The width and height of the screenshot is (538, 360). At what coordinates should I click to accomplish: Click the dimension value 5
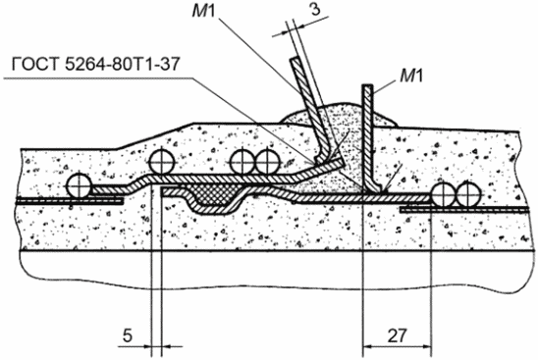pos(128,336)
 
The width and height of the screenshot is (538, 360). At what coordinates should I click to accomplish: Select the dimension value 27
pos(397,336)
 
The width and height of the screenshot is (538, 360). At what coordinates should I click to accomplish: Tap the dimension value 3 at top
pos(315,9)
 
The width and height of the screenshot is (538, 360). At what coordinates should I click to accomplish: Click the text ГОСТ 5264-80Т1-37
pos(96,64)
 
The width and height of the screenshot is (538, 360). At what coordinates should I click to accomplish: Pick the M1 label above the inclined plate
pos(203,11)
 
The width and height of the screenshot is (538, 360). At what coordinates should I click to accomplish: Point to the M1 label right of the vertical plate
pos(411,76)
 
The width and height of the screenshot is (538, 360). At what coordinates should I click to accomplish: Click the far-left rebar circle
pos(79,186)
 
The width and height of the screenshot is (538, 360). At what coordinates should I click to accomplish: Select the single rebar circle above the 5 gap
pos(162,162)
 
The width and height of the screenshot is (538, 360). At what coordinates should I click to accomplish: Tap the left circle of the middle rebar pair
pos(242,162)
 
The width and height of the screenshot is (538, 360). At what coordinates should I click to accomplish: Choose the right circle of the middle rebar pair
pos(267,162)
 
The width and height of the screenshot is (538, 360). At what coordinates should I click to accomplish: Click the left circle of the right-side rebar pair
pos(444,194)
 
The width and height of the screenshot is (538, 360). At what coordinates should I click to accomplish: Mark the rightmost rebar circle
pos(467,194)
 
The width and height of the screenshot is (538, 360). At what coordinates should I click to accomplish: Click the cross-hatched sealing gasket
pos(212,194)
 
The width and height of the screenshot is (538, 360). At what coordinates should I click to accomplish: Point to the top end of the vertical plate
pos(368,85)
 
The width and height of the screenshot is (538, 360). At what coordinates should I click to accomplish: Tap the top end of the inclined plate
pos(296,60)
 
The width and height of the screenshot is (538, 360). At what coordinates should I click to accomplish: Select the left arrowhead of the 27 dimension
pos(367,346)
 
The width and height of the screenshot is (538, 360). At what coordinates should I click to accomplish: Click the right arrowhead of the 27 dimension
pos(427,346)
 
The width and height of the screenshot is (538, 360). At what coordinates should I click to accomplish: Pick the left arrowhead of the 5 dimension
pos(147,346)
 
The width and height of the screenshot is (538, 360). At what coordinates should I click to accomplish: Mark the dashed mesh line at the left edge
pos(70,201)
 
